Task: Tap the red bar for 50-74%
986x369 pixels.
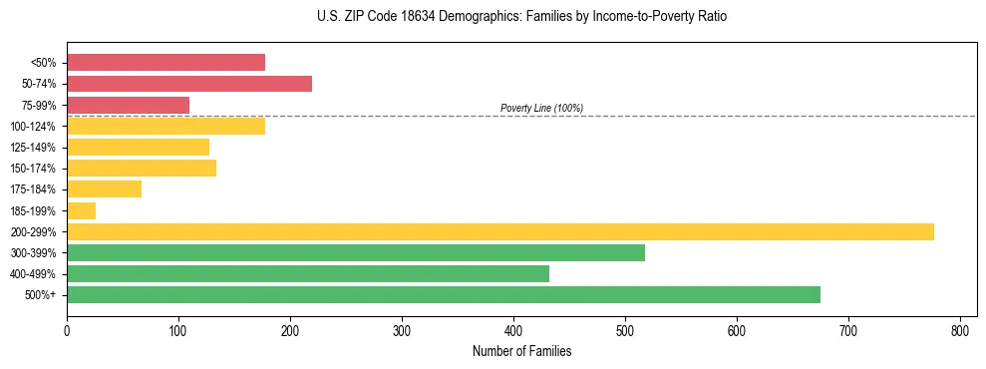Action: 188,84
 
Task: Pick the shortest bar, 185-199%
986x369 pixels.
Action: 81,210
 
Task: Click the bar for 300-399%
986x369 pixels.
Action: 355,252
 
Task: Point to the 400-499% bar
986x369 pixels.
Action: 307,273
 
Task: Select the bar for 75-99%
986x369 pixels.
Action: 128,105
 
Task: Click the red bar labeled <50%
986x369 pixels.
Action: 165,63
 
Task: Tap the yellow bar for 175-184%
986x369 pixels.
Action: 104,189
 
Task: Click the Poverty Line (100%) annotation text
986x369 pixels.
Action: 541,108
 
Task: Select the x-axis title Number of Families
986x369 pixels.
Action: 521,351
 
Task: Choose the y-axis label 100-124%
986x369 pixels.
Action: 32,127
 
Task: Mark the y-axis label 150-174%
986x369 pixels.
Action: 32,169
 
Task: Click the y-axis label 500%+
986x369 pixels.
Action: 39,295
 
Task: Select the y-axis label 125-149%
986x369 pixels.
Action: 32,148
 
